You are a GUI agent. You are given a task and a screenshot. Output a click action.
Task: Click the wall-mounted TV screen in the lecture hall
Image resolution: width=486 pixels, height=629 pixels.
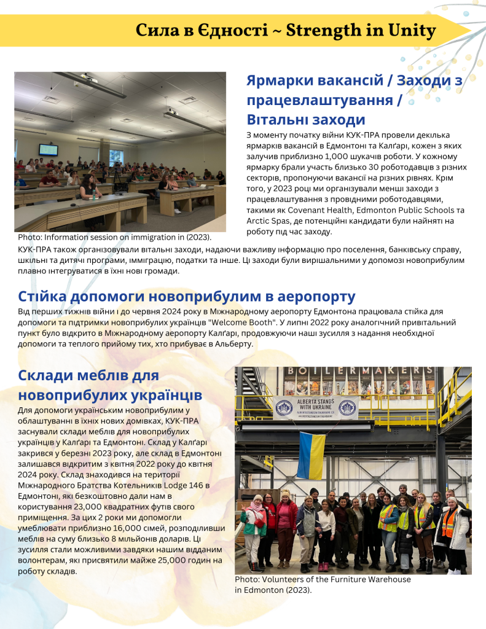(x=48, y=150)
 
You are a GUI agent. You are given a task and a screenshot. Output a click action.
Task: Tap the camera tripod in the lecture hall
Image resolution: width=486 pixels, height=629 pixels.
(x=117, y=179)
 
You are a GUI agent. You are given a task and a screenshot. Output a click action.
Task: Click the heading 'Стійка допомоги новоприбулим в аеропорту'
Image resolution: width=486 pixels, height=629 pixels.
(x=187, y=297)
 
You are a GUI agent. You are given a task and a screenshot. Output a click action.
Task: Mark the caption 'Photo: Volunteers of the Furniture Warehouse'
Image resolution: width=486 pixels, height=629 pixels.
(x=323, y=579)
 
